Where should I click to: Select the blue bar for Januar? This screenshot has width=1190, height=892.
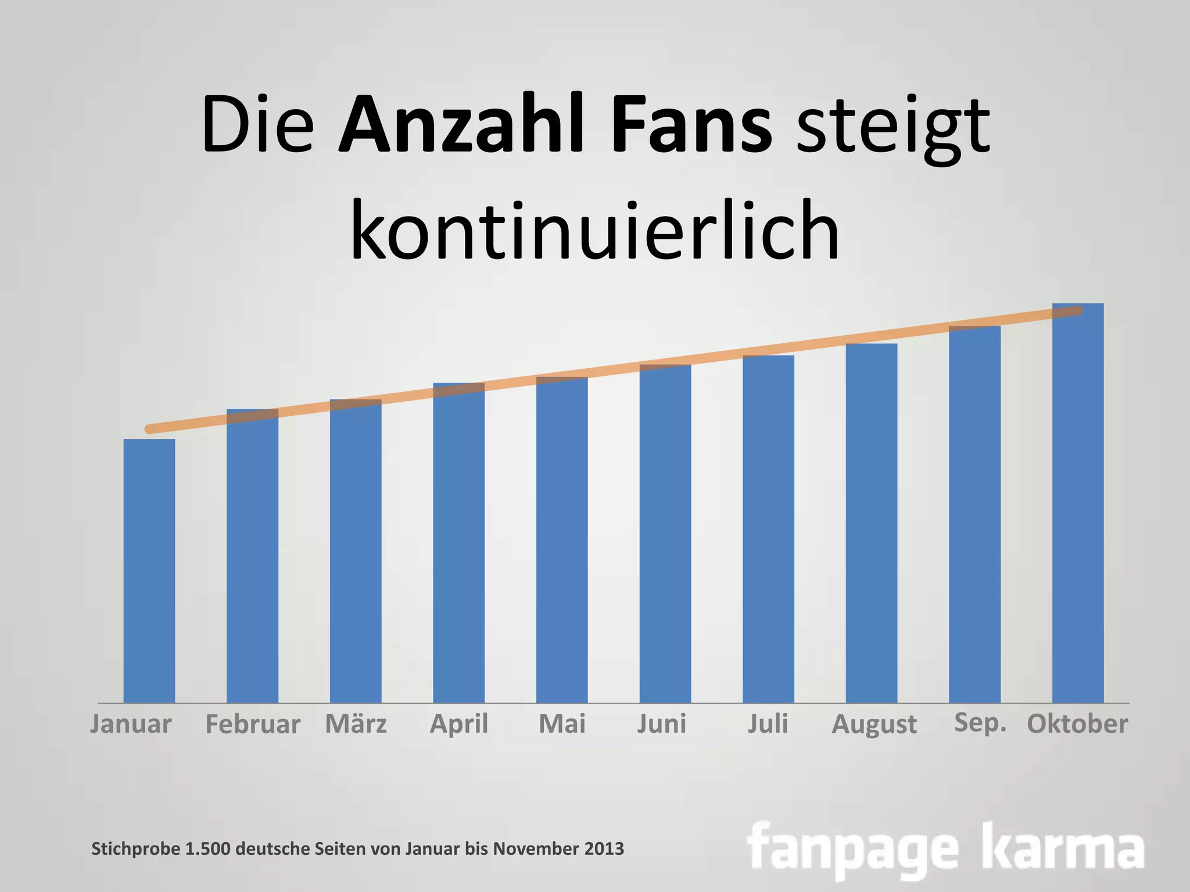coord(149,572)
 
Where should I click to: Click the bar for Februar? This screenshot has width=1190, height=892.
coord(252,557)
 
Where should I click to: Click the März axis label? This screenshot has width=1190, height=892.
coord(356,724)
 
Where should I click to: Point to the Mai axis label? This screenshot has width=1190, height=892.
coord(562,724)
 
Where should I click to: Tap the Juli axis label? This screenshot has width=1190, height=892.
coord(768,724)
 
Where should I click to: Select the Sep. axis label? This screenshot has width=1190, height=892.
coord(980,723)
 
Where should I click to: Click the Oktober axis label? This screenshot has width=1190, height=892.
coord(1077,724)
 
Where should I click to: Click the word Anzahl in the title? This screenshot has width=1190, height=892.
coord(460,127)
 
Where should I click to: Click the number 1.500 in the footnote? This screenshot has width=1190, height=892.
coord(208,849)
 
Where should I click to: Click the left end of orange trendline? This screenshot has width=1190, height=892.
coord(150,429)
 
